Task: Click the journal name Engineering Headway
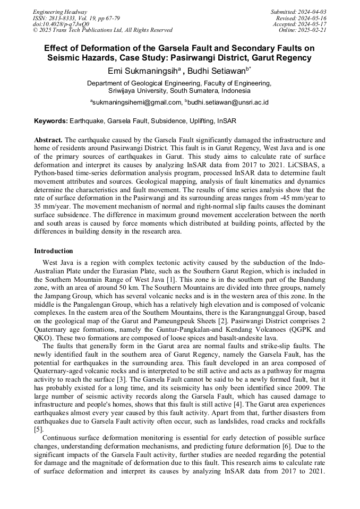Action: tap(60, 12)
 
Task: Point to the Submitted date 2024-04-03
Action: tap(298, 12)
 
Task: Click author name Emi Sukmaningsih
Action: tap(145, 71)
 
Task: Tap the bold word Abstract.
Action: tap(48, 139)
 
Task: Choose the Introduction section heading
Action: tap(54, 251)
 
